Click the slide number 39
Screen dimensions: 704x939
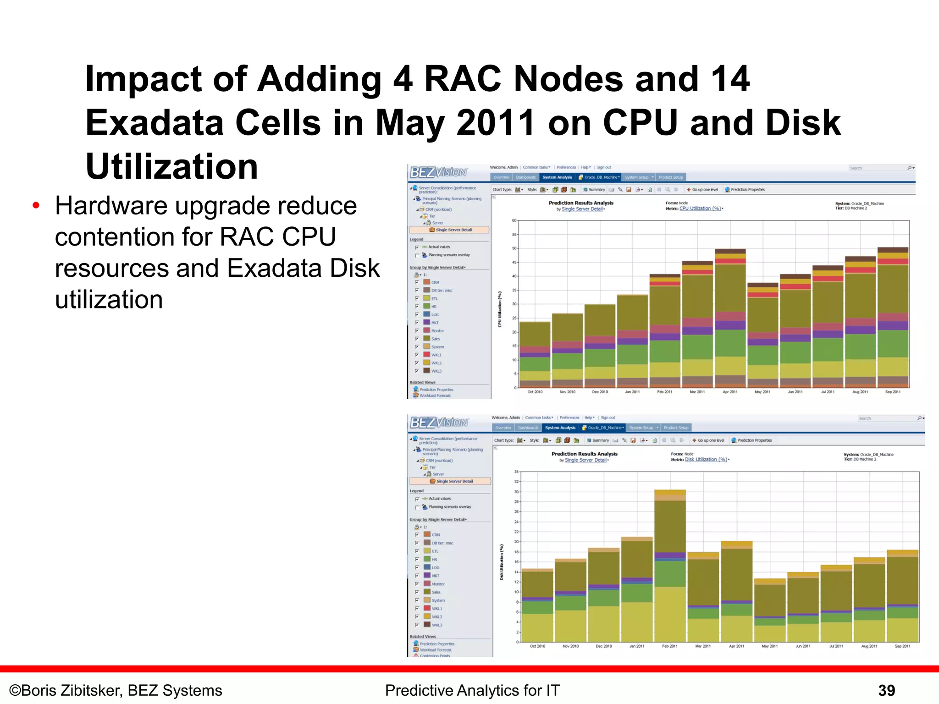click(886, 690)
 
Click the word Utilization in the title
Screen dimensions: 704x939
click(172, 166)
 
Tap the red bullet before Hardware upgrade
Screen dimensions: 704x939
click(36, 206)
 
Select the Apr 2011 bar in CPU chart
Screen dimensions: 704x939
click(730, 321)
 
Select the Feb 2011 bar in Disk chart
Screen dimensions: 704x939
click(670, 568)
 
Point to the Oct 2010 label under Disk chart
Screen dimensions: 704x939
click(537, 646)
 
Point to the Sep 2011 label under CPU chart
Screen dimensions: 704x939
click(893, 392)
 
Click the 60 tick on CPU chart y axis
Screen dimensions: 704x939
click(514, 220)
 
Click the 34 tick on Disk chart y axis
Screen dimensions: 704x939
click(516, 472)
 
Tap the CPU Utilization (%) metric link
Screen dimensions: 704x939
click(700, 209)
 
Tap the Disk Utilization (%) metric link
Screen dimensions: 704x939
click(706, 459)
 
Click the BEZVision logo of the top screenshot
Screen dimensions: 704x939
click(438, 172)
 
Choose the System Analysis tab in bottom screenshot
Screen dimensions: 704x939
click(560, 428)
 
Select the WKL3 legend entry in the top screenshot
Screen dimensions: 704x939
click(436, 371)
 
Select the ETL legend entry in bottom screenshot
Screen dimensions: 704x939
click(435, 551)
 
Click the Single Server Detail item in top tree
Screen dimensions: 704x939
click(453, 230)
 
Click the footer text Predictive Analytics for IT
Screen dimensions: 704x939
click(472, 690)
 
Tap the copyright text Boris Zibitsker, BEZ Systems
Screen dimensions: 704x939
click(116, 690)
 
